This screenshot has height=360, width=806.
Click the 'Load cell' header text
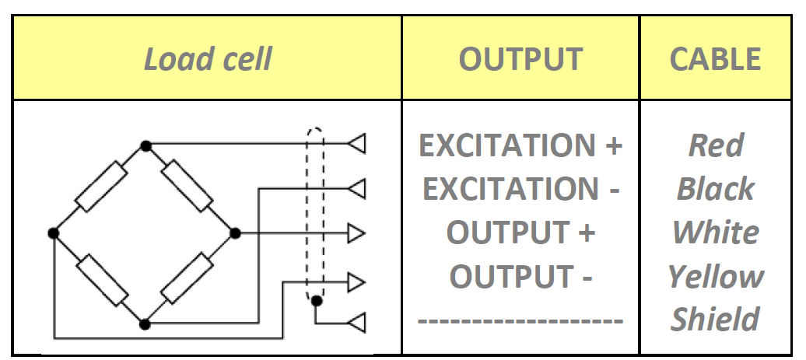[208, 60]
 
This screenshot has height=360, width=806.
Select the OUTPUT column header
[520, 60]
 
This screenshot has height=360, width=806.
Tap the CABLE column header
[716, 60]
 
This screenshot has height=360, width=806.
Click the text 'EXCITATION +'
[520, 145]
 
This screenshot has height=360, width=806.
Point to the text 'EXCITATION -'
[520, 189]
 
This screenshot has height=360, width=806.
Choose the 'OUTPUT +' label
[520, 232]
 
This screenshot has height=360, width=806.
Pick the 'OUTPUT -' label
[520, 276]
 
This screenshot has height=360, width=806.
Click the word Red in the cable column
[716, 145]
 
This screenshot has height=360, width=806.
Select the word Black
[716, 189]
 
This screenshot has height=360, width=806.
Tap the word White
[716, 232]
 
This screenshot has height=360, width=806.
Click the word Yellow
[716, 276]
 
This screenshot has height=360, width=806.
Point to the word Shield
[716, 320]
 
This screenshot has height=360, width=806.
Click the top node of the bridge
[145, 145]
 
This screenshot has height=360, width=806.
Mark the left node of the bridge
[54, 232]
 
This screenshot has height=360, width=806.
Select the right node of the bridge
[235, 232]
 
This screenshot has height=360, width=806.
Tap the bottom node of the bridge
[145, 321]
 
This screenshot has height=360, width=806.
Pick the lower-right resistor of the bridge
[189, 278]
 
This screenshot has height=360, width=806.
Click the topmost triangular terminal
[356, 145]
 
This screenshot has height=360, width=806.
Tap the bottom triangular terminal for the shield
[356, 321]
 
